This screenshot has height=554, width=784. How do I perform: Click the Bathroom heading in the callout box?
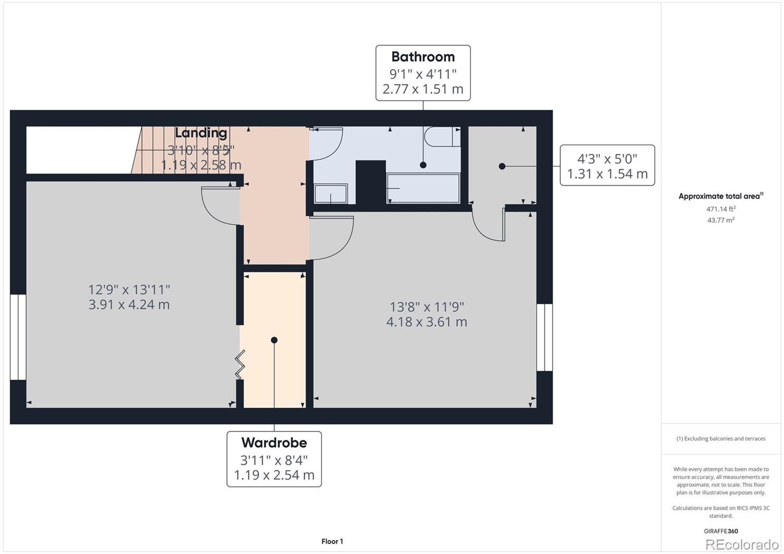click(x=423, y=57)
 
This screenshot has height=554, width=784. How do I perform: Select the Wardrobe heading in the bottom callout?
click(x=274, y=443)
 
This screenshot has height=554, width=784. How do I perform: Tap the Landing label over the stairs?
click(x=201, y=133)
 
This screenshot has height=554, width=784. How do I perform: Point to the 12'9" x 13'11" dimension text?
click(x=129, y=289)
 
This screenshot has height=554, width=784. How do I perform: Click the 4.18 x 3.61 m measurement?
click(x=426, y=322)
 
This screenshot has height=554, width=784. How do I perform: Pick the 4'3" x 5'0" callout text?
click(x=607, y=159)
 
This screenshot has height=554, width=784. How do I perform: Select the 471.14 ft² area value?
click(x=721, y=209)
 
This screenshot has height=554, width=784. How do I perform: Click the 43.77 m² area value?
click(x=721, y=220)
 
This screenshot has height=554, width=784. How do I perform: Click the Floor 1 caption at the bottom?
click(x=332, y=541)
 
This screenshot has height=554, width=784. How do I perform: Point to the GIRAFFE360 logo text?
click(x=721, y=531)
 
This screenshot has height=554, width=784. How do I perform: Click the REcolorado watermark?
click(x=741, y=544)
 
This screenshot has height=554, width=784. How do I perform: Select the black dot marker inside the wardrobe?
click(x=274, y=340)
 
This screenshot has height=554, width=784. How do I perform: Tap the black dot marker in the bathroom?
click(x=423, y=165)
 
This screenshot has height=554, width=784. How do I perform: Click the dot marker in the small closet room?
click(x=502, y=167)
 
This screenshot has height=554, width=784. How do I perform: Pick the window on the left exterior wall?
click(x=18, y=337)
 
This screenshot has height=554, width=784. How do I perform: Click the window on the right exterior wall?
click(x=544, y=337)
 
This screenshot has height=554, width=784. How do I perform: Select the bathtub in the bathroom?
click(x=423, y=189)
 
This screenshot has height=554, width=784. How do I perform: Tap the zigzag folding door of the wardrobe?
click(x=240, y=365)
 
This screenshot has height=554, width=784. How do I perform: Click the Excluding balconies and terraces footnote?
click(x=721, y=439)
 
